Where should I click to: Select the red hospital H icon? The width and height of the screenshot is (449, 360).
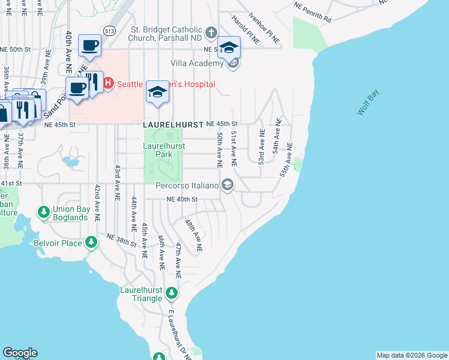pyautogui.click(x=109, y=83)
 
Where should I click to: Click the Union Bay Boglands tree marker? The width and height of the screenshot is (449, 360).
pyautogui.click(x=43, y=212)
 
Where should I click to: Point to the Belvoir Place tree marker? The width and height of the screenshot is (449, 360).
pyautogui.click(x=91, y=242)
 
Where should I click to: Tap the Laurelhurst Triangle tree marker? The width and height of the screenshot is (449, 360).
pyautogui.click(x=172, y=293)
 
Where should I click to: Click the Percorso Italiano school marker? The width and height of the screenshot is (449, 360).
pyautogui.click(x=227, y=185)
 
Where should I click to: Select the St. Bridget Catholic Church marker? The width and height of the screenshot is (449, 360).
pyautogui.click(x=211, y=32)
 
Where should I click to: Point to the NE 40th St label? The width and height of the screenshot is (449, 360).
pyautogui.click(x=182, y=199)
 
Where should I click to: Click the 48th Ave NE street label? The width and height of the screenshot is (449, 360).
pyautogui.click(x=194, y=235)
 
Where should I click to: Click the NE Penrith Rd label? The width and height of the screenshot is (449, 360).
pyautogui.click(x=313, y=11)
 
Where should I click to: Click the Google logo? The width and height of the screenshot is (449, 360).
pyautogui.click(x=20, y=353)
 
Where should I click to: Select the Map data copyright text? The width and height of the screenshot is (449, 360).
pyautogui.click(x=412, y=355)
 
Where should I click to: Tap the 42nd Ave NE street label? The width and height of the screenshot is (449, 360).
pyautogui.click(x=96, y=200)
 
